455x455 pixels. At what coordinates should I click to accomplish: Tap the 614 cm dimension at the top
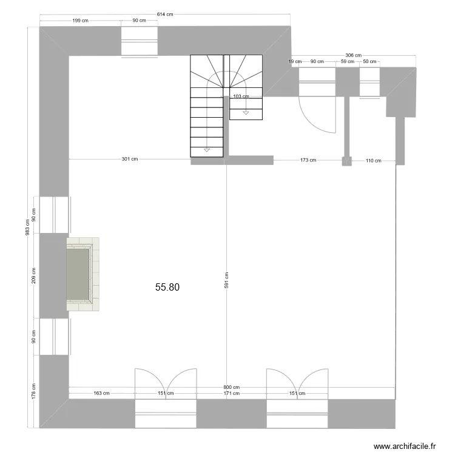click(165, 14)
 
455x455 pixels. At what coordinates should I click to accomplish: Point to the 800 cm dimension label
click(231, 387)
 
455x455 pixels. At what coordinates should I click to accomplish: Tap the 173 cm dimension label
click(308, 160)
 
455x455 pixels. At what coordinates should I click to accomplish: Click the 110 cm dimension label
click(373, 160)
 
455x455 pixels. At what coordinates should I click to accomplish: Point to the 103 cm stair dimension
click(241, 96)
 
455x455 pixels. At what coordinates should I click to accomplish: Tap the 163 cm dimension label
click(101, 393)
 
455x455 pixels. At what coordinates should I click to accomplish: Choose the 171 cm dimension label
click(231, 393)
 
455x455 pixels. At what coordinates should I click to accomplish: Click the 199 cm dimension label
click(81, 21)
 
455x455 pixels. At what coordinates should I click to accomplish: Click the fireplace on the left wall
click(81, 275)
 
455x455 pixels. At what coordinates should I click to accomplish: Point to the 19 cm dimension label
click(295, 61)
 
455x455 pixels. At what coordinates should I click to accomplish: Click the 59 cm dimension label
click(347, 61)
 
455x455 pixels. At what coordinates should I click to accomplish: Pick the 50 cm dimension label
click(369, 61)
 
